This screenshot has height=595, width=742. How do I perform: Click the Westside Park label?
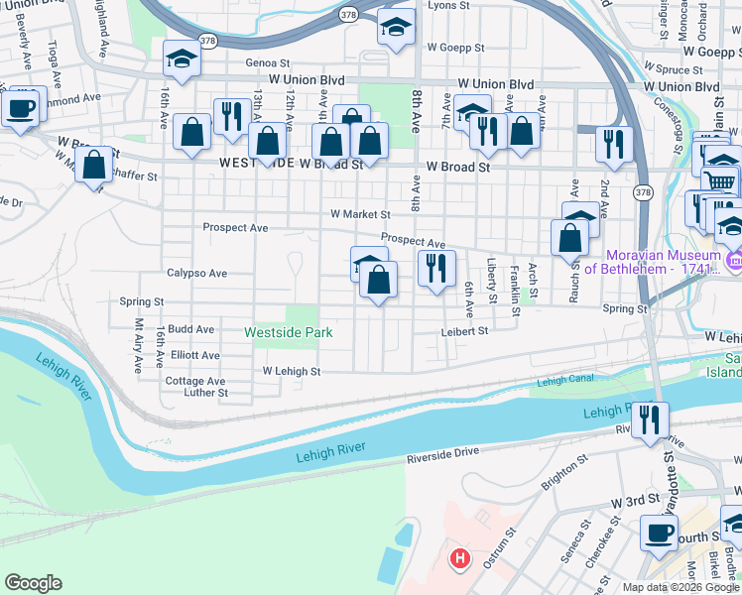tap(289, 332)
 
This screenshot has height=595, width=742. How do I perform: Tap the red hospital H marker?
tap(459, 559)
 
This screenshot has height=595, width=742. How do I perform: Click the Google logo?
tap(33, 583)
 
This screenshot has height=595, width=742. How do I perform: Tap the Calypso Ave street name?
tap(196, 273)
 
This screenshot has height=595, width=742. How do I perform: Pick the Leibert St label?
tap(465, 331)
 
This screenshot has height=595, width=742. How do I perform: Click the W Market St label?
tap(360, 213)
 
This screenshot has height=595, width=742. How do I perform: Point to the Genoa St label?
tap(268, 61)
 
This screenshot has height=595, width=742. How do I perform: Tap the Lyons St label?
tap(447, 6)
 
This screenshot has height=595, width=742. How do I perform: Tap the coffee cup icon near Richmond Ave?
tap(22, 108)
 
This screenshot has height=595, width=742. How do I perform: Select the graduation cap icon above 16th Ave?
tap(183, 61)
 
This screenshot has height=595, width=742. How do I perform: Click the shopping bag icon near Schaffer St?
tap(95, 165)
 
